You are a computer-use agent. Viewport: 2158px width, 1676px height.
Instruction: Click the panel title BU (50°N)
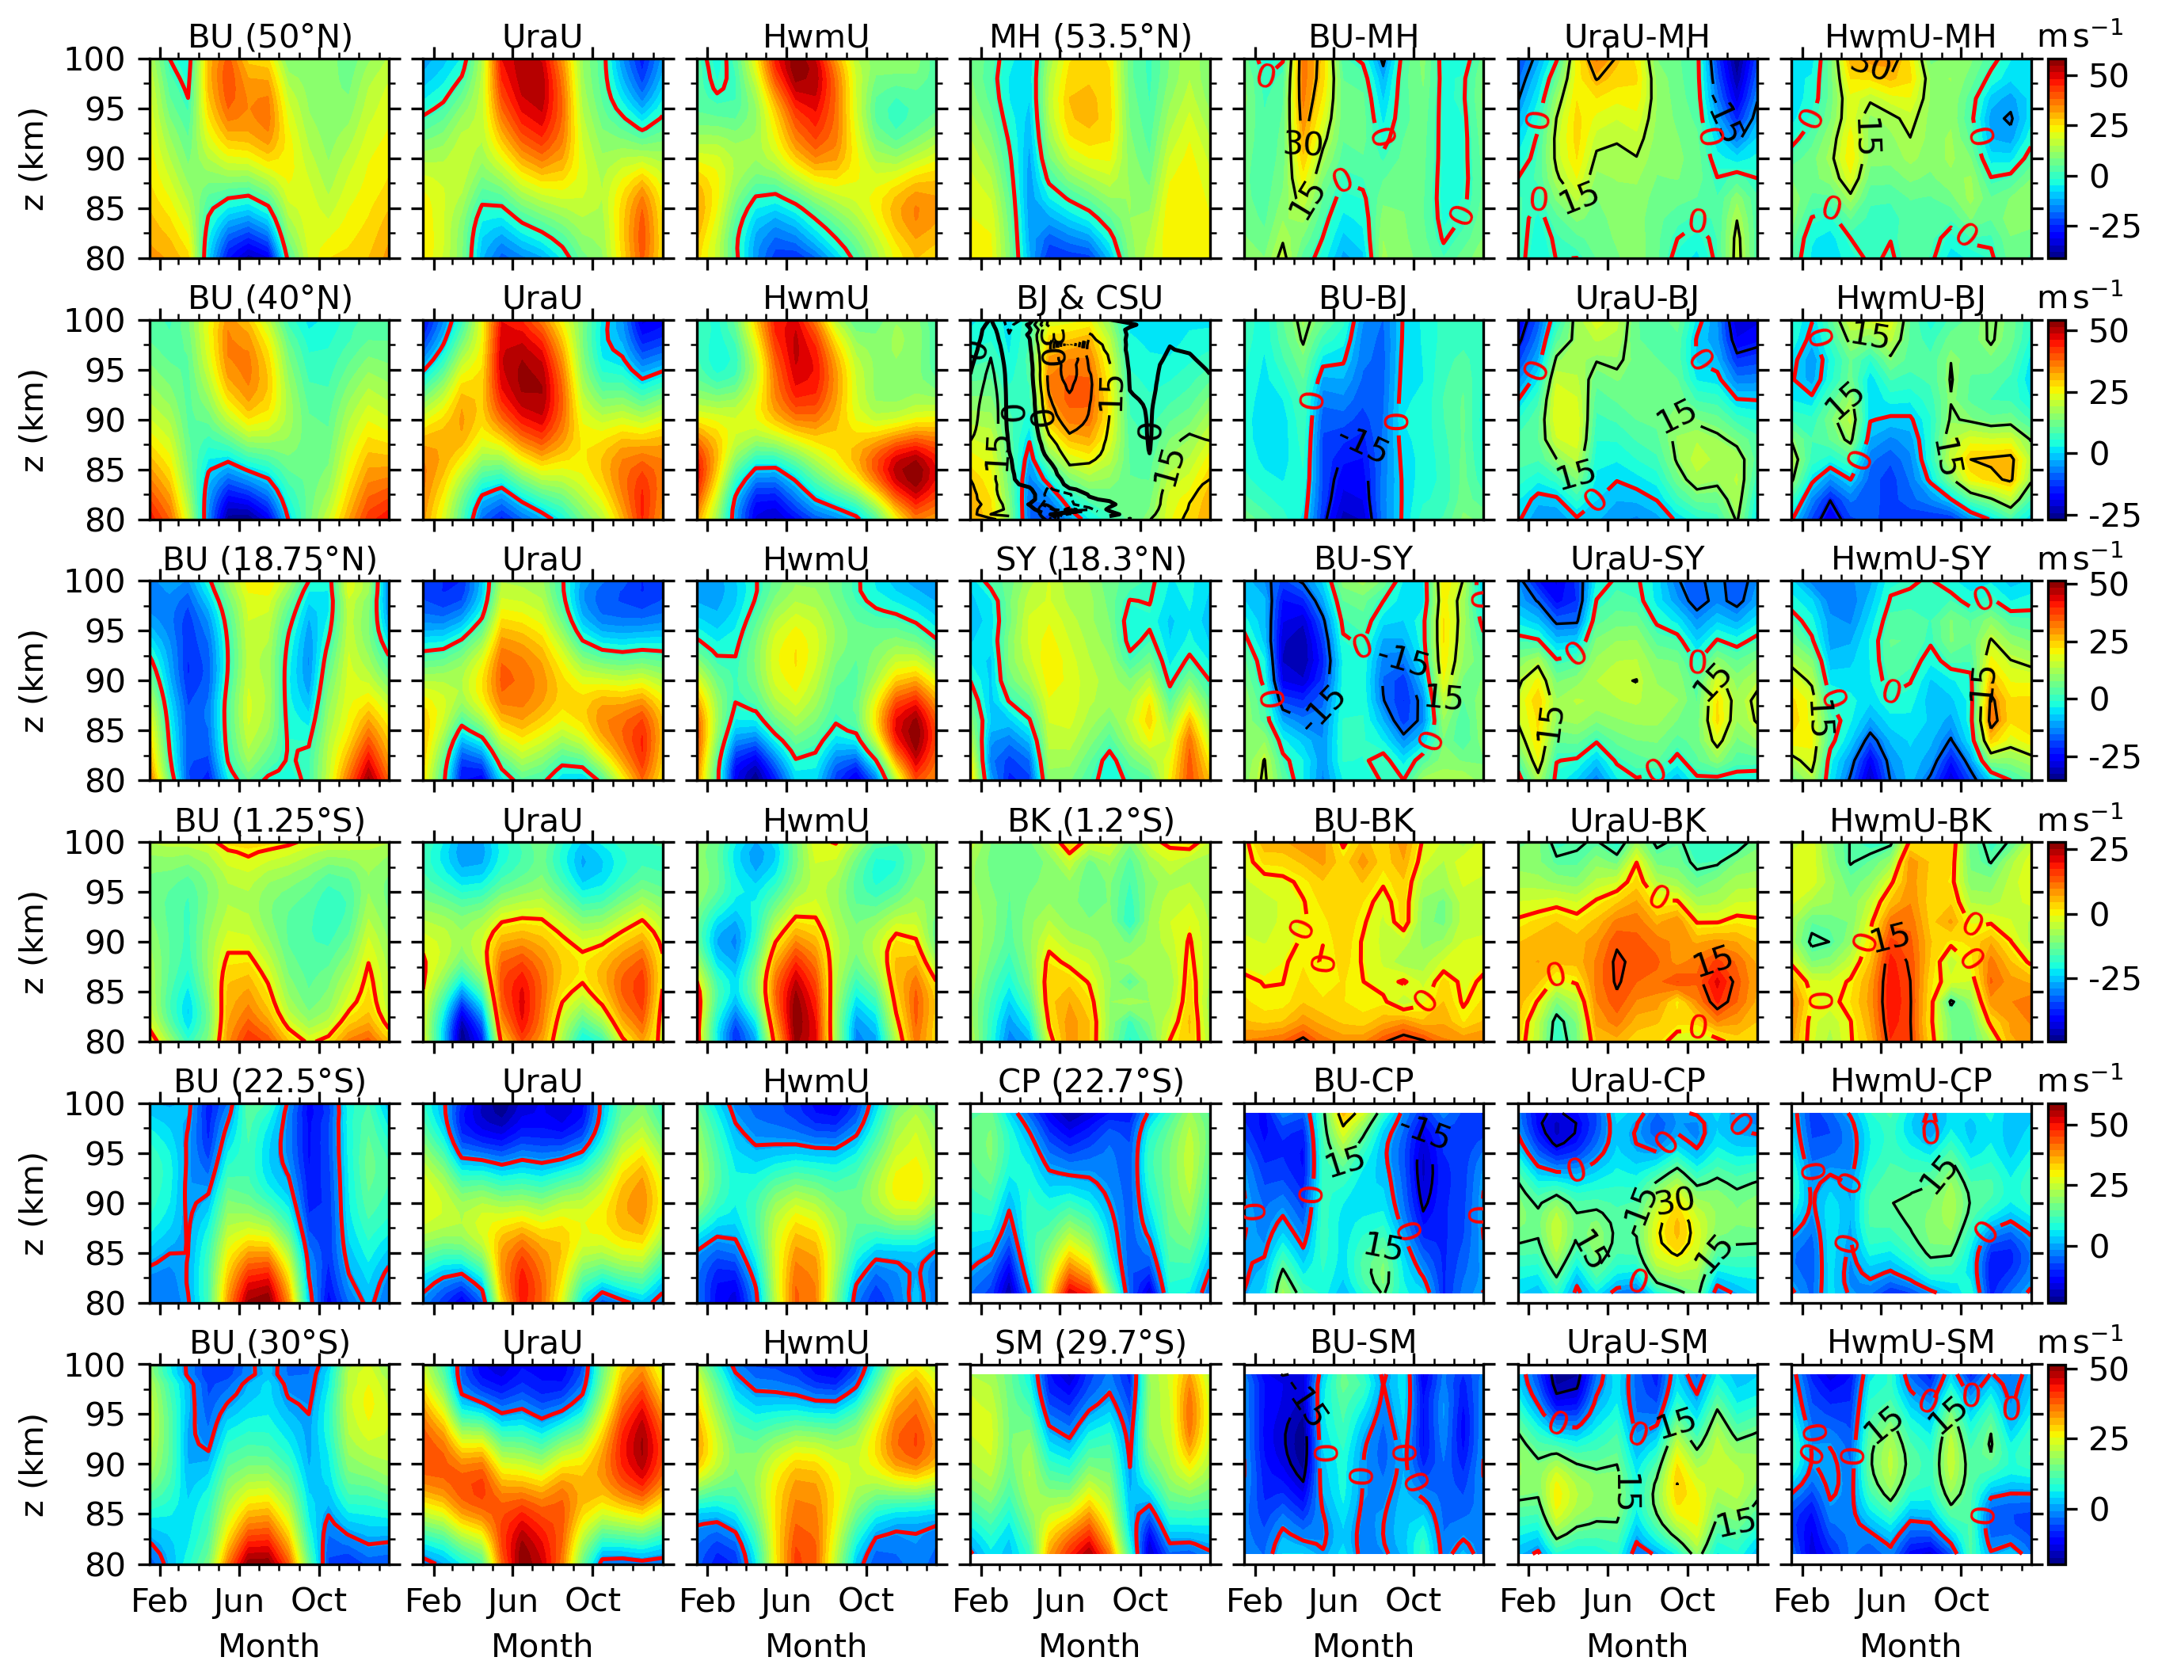tap(270, 36)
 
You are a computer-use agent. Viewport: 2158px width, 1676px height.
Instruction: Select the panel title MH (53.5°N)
tap(1090, 36)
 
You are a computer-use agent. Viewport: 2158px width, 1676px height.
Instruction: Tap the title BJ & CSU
tap(1090, 298)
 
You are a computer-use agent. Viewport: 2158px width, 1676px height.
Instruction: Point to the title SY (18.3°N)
tap(1090, 559)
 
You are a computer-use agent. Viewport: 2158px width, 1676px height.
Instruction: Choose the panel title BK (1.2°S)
tap(1090, 821)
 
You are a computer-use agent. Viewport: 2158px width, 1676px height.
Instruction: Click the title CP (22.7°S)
tap(1090, 1081)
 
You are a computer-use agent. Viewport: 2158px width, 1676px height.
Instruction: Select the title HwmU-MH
tap(1910, 36)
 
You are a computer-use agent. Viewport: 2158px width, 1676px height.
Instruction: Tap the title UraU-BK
tap(1637, 821)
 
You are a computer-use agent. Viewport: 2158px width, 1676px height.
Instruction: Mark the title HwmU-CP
tap(1910, 1081)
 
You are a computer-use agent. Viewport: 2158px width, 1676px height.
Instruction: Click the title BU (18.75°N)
tap(270, 559)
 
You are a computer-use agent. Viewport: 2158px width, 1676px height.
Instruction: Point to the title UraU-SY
tap(1637, 559)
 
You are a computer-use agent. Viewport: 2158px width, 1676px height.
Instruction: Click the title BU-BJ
tap(1364, 298)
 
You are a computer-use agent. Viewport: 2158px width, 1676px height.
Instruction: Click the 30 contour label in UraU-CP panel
tap(1674, 1202)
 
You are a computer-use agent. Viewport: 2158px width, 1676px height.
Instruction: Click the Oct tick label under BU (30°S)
tap(319, 1600)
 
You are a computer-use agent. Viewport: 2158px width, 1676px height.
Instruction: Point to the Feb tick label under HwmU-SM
tap(1802, 1600)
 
